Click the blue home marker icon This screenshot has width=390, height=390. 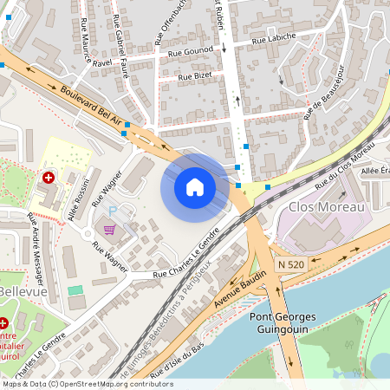[195, 187]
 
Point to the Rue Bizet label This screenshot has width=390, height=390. [195, 76]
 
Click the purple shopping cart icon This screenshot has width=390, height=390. [109, 230]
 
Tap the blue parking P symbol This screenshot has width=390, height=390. [110, 211]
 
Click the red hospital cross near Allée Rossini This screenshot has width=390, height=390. [49, 177]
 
